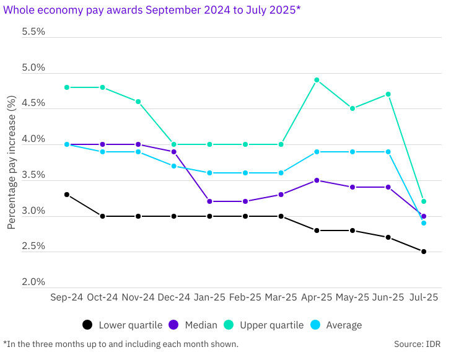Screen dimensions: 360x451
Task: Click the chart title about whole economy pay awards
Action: coord(152,11)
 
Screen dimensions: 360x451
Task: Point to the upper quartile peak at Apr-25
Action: coord(317,80)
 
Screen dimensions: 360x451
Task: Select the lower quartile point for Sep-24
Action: coord(66,195)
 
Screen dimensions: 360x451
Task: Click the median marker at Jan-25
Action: coord(209,201)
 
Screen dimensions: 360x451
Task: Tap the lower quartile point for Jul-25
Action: coord(424,252)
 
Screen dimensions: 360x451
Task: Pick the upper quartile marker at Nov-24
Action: coord(138,102)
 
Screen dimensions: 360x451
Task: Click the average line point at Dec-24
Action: coord(173,166)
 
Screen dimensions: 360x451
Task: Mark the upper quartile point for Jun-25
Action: coord(388,94)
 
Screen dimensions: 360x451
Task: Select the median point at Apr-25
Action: coord(317,180)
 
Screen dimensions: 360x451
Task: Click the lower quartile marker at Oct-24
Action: coord(102,216)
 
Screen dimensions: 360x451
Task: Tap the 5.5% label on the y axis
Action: coord(33,32)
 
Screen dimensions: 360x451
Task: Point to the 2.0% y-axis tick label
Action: coord(33,282)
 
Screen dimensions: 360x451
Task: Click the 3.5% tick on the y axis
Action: coord(33,175)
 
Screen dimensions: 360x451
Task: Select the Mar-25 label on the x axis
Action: coord(281,297)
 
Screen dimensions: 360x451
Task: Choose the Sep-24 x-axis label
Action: coord(66,297)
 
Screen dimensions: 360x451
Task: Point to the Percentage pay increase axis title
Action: coord(11,161)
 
